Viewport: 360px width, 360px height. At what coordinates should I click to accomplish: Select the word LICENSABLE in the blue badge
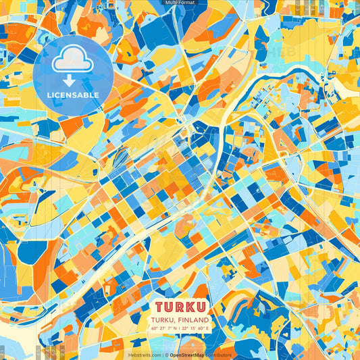[72, 95]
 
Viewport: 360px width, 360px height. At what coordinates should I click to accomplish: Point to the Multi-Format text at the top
[180, 3]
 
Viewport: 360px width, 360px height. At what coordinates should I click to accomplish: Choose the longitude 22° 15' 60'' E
[195, 328]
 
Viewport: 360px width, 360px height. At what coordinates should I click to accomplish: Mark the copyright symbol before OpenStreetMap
[165, 355]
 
